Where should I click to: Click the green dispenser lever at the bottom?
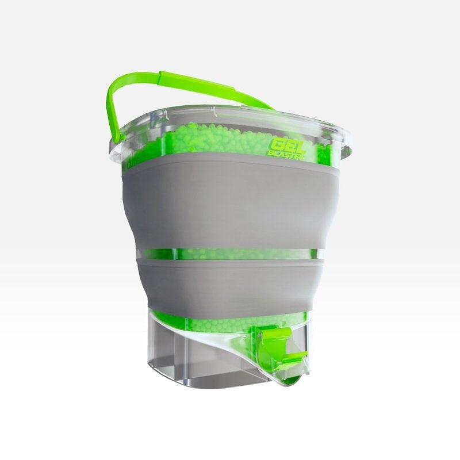[276, 345]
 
